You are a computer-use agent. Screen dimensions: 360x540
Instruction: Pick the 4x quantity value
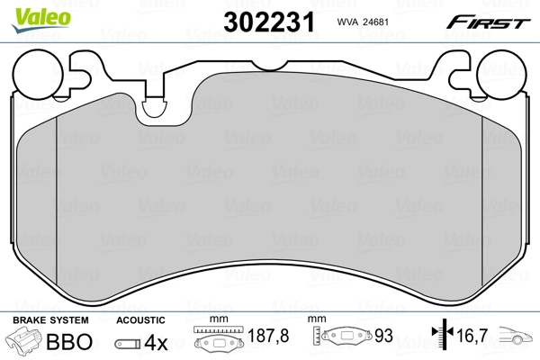click(x=157, y=343)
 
